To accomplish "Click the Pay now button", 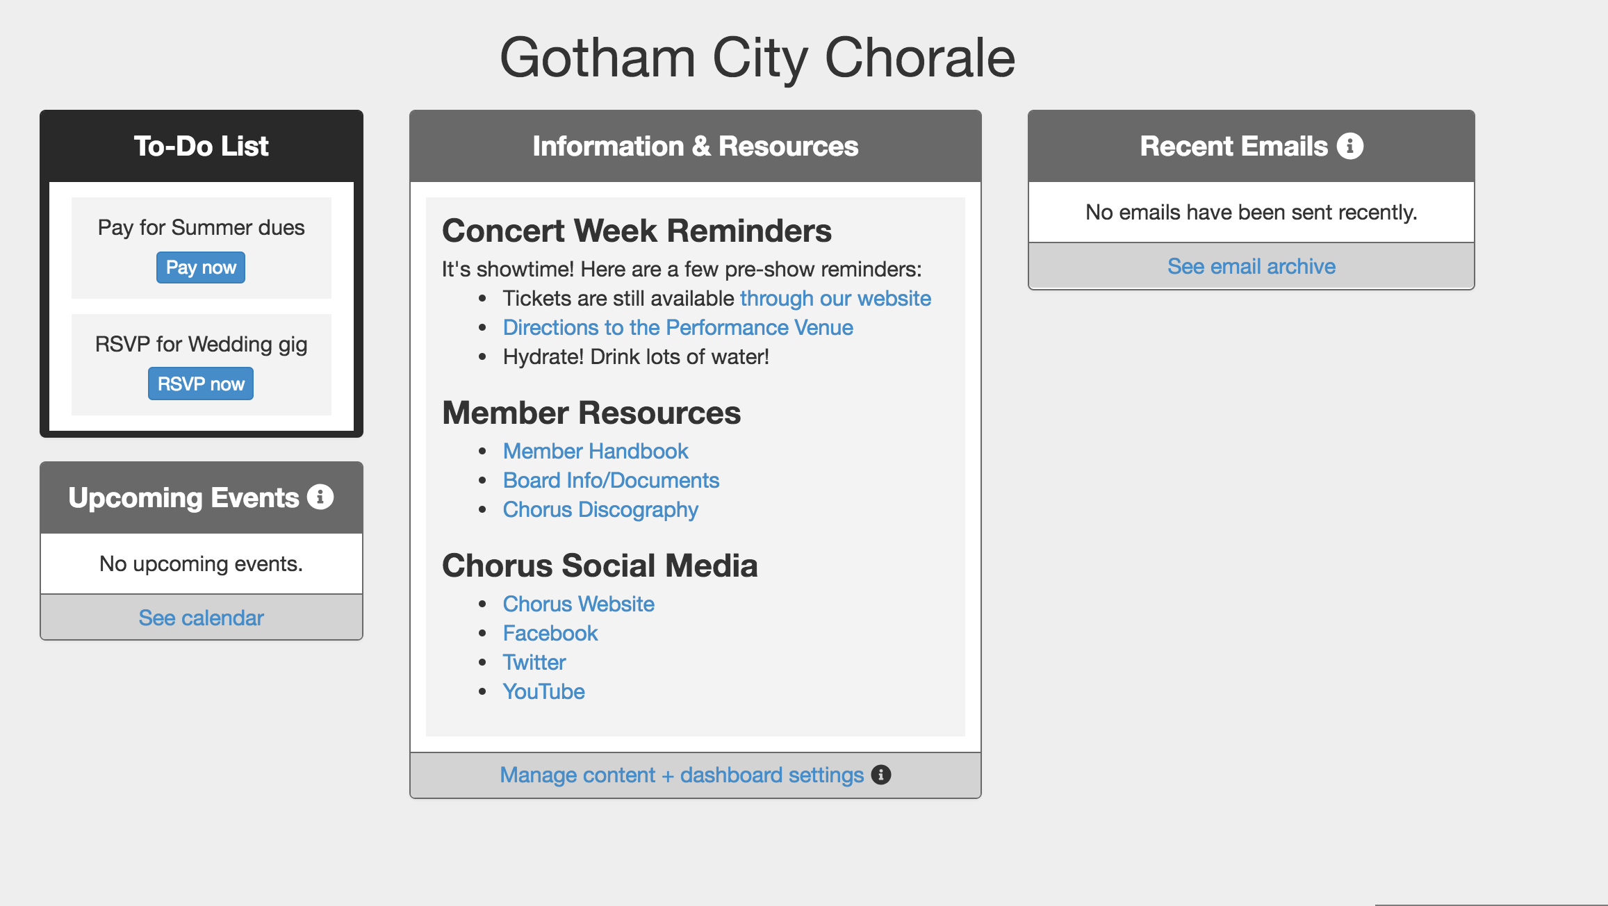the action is point(201,267).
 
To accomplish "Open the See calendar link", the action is point(202,618).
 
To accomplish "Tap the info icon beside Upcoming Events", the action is point(320,497).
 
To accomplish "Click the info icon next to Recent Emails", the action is point(1350,146).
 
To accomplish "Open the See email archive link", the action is point(1252,266).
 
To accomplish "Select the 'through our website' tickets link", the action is point(835,298).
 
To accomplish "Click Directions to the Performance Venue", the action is point(678,327).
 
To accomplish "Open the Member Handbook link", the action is point(596,451).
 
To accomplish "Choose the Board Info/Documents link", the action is point(612,480).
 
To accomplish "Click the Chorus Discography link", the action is point(600,509).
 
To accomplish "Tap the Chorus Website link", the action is point(579,604).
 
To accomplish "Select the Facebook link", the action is point(550,633).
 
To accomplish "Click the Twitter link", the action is point(534,662).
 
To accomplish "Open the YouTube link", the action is point(544,691).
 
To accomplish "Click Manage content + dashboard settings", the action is point(682,775).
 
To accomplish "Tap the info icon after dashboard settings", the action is point(881,775).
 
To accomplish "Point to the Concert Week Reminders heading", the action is point(637,231).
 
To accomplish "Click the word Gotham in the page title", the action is point(598,58).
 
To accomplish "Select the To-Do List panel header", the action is point(202,146).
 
